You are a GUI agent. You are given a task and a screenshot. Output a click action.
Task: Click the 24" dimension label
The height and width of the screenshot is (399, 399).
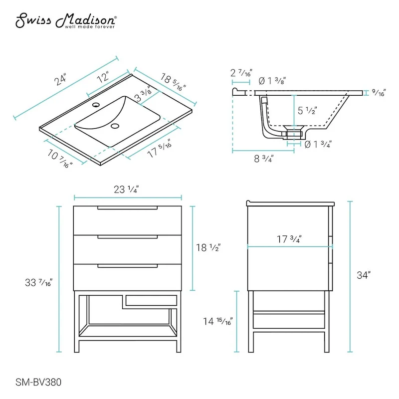pos(61,82)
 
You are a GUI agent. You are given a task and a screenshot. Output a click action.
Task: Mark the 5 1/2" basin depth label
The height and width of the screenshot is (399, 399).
pos(308,111)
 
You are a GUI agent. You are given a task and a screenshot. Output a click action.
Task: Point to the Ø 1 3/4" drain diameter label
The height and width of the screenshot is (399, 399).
pos(318,145)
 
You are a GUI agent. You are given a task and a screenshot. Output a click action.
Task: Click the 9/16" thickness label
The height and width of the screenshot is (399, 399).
pos(380,92)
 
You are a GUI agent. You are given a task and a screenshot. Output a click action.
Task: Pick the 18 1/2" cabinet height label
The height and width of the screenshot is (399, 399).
pos(208,247)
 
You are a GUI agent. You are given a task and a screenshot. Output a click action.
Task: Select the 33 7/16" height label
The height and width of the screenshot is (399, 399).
pos(40,283)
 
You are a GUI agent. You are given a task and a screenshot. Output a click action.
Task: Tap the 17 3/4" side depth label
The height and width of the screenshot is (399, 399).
pos(289,239)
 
